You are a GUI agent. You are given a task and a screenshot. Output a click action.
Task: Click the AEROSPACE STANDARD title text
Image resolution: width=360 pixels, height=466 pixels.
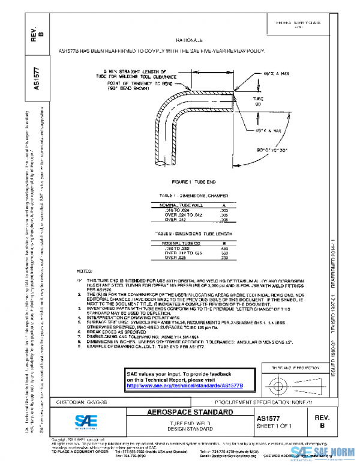(x=191, y=413)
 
